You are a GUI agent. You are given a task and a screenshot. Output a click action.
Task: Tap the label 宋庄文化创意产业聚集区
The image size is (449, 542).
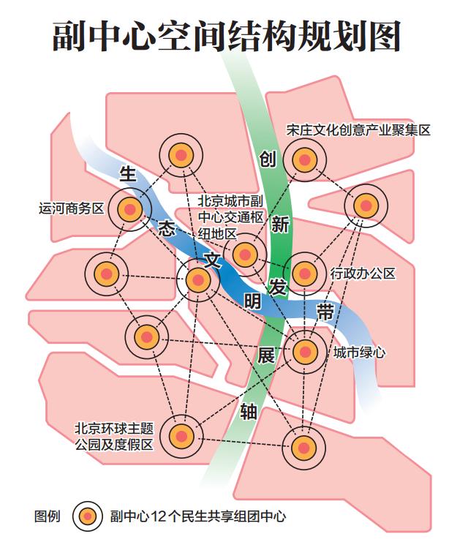tap(358, 131)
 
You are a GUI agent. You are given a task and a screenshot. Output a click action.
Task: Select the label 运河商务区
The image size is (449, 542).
tap(72, 208)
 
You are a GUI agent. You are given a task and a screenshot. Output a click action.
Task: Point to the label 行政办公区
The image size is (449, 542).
tap(363, 274)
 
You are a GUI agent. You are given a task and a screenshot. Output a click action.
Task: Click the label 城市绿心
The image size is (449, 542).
tap(359, 353)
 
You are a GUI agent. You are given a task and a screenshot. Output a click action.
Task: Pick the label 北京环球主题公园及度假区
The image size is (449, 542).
tap(113, 436)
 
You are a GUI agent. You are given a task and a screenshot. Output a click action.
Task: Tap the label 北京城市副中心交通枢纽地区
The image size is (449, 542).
tap(230, 217)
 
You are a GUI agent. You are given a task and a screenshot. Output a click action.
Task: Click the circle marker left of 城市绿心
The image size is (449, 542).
tap(305, 351)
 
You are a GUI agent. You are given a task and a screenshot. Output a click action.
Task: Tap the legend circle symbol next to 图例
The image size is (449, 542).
tap(88, 516)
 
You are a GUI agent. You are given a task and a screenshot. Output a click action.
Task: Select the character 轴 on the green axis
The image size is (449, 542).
tap(248, 413)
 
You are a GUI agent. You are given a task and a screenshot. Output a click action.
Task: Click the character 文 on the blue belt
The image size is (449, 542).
tap(211, 259)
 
